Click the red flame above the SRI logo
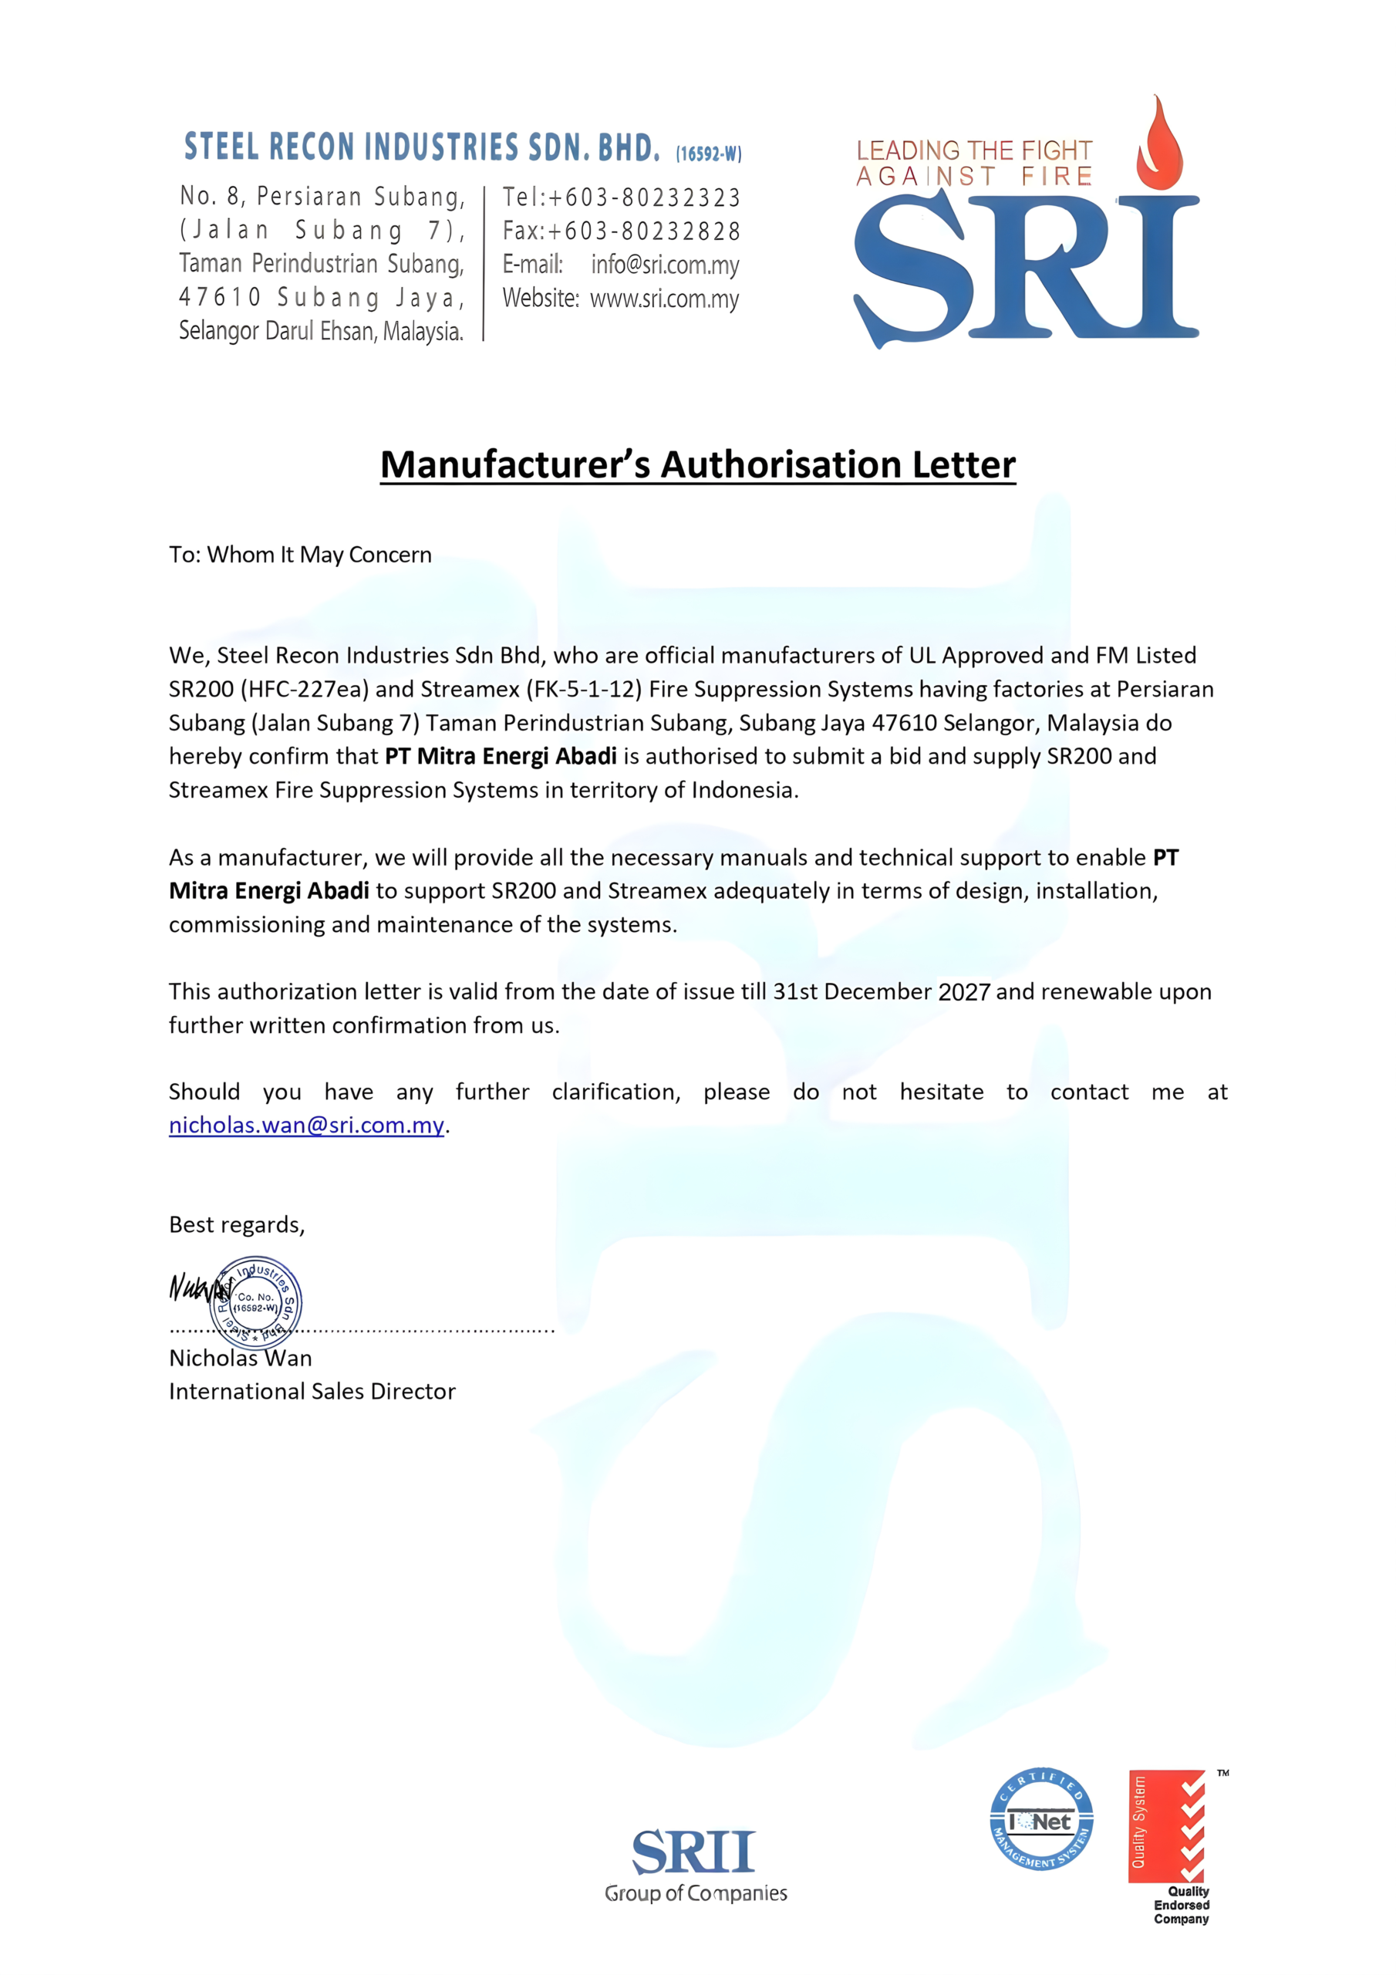1160,144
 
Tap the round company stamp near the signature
255,1302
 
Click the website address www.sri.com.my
664,299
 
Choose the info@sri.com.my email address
664,265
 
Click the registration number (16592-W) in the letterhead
708,154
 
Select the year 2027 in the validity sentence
964,992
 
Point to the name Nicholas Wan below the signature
240,1359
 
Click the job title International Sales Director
312,1392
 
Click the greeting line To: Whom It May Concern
300,555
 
